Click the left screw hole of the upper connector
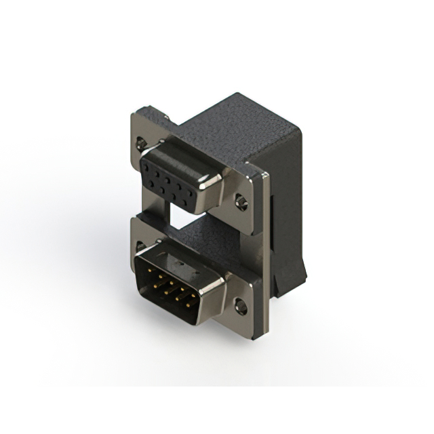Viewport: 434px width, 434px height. [x=140, y=143]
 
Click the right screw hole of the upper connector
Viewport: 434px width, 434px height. [x=240, y=201]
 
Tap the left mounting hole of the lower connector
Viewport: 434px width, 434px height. [x=140, y=245]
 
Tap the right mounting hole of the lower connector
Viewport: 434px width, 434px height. [x=240, y=307]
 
